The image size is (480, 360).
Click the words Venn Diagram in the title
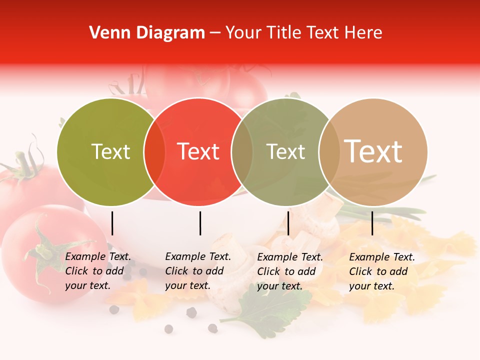click(147, 33)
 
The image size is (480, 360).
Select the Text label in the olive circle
click(110, 151)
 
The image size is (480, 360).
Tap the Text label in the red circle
click(198, 151)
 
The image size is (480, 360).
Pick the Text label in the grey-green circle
click(285, 151)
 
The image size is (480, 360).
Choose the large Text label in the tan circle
click(373, 151)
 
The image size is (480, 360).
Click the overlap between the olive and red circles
click(154, 152)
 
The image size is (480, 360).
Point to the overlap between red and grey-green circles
click(242, 152)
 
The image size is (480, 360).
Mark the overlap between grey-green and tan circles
click(329, 152)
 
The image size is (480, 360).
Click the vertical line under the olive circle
click(112, 223)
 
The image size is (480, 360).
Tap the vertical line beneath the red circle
click(200, 223)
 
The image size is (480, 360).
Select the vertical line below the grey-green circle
click(288, 223)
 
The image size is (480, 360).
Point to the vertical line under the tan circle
click(372, 223)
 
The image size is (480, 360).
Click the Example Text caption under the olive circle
click(98, 271)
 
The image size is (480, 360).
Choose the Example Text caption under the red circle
click(198, 271)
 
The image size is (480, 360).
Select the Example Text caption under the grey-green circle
click(290, 271)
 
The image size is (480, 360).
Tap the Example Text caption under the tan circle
click(382, 271)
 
